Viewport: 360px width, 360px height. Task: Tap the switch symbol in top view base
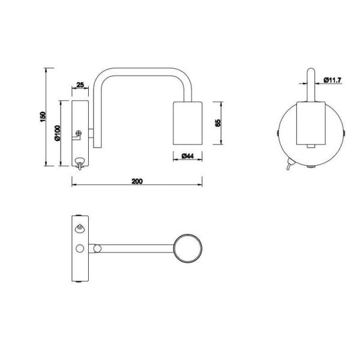79,227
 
